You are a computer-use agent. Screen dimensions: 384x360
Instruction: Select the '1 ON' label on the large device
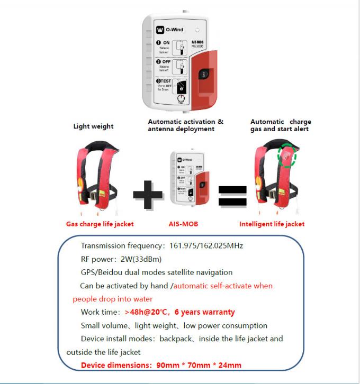[161, 43]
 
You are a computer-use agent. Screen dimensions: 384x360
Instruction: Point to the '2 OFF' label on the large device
[161, 62]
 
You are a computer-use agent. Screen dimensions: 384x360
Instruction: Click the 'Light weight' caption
[93, 126]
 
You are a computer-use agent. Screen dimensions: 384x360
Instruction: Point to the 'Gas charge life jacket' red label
[100, 224]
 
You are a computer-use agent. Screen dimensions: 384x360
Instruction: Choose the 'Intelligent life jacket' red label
[272, 224]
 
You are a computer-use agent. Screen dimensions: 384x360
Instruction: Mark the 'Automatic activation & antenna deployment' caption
[185, 125]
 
